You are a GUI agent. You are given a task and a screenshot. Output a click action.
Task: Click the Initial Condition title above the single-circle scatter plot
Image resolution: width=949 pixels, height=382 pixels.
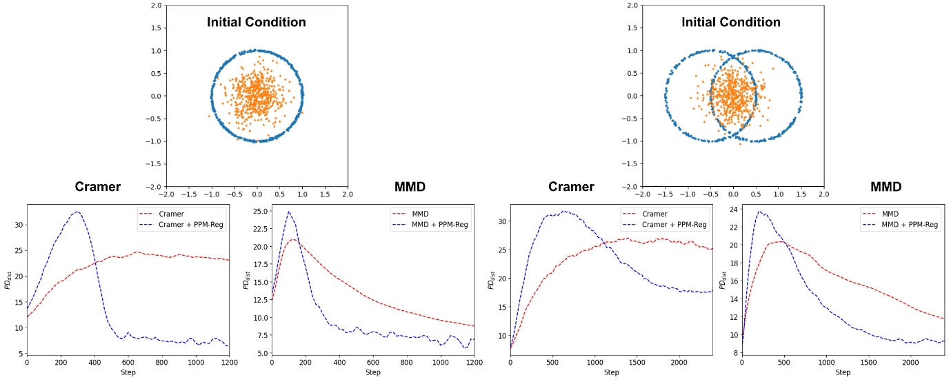tap(257, 22)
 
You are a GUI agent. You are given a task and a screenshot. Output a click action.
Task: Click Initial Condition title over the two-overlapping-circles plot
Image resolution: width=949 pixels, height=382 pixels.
tap(731, 22)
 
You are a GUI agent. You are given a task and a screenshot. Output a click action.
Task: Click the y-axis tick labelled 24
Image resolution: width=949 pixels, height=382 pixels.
tap(732, 208)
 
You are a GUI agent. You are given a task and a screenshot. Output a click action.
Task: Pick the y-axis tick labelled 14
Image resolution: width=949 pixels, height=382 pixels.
tap(732, 299)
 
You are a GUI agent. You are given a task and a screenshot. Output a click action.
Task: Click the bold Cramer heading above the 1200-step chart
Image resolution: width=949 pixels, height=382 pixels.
tap(98, 188)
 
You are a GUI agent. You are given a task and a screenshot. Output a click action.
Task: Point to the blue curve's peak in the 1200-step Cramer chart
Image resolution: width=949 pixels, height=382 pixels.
tap(78, 212)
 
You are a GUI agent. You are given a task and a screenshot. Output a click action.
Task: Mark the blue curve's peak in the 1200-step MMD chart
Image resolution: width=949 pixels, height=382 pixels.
tap(289, 212)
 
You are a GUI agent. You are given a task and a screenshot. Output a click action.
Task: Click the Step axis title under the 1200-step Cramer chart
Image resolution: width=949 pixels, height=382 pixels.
tap(128, 372)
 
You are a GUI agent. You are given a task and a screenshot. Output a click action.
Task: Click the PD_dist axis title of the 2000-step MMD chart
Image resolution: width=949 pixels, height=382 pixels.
tap(722, 281)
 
